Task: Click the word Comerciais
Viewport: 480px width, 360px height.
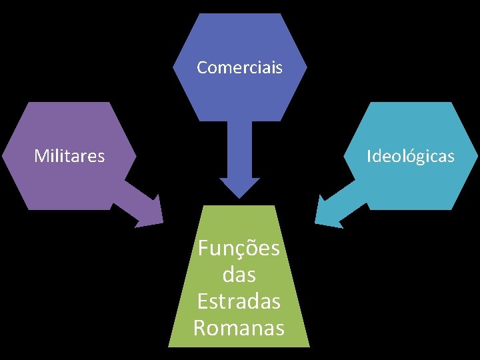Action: pyautogui.click(x=239, y=67)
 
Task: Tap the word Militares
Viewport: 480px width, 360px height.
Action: pyautogui.click(x=69, y=156)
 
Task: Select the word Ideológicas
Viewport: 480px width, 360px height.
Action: pyautogui.click(x=411, y=156)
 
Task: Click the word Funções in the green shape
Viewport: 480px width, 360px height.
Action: pyautogui.click(x=239, y=249)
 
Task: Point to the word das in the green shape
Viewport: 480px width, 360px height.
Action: pyautogui.click(x=239, y=275)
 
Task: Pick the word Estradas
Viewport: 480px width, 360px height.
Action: pyautogui.click(x=239, y=301)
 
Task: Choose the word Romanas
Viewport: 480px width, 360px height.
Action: pyautogui.click(x=239, y=327)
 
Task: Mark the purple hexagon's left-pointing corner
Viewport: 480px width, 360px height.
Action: pyautogui.click(x=3, y=156)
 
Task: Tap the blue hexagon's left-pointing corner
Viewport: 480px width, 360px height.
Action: pyautogui.click(x=173, y=67)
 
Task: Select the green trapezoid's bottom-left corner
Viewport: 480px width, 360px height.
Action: pyautogui.click(x=169, y=345)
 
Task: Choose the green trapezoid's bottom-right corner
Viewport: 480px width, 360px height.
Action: pyautogui.click(x=310, y=345)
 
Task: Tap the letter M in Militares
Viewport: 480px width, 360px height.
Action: pyautogui.click(x=40, y=156)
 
